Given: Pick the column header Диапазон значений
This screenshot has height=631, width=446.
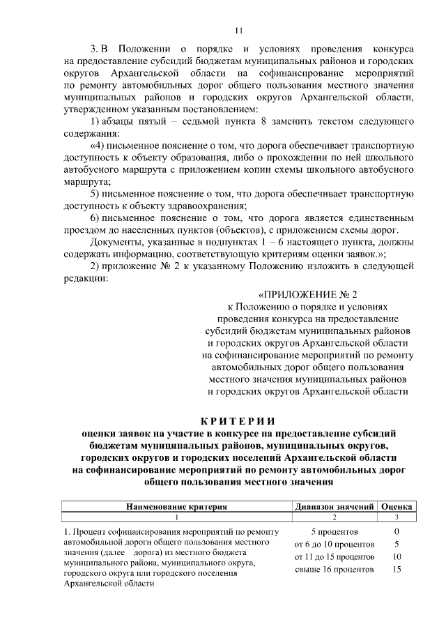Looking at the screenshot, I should pos(334,506).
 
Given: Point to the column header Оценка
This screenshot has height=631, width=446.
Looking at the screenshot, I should pos(397,506).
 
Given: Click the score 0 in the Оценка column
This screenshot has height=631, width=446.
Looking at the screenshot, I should pos(397,531).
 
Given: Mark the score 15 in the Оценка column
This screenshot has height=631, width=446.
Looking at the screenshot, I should pos(397,570).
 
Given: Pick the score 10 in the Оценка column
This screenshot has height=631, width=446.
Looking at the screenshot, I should pos(397,557).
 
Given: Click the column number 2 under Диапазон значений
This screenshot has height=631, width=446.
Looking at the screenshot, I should pos(334,517).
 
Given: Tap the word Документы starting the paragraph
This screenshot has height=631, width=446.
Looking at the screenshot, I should pos(116,242).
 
